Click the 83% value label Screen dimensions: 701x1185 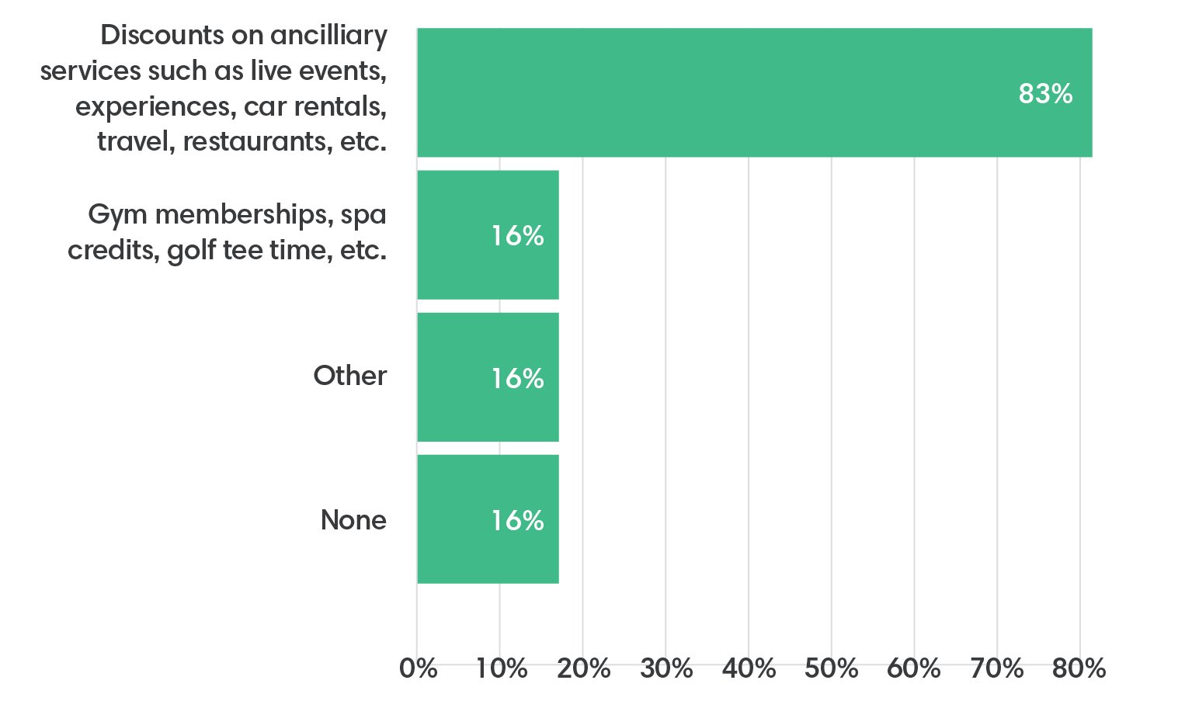(x=1044, y=94)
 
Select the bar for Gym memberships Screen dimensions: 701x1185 (x=488, y=234)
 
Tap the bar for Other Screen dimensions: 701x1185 (x=488, y=377)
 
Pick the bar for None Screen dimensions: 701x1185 (x=488, y=519)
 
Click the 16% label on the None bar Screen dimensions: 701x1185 (x=517, y=520)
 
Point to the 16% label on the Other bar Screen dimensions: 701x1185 (x=517, y=378)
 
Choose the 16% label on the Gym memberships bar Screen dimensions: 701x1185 (x=517, y=235)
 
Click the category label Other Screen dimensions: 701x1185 (x=349, y=376)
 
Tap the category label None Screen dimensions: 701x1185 (x=353, y=519)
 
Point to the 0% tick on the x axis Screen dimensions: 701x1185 (x=419, y=668)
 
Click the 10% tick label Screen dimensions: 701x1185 (x=501, y=668)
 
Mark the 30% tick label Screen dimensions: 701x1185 (x=666, y=668)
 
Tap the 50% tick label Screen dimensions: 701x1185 (x=831, y=668)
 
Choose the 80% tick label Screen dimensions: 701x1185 (x=1079, y=668)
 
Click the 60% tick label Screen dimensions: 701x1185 (x=914, y=668)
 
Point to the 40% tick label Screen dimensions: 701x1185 (x=749, y=668)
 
